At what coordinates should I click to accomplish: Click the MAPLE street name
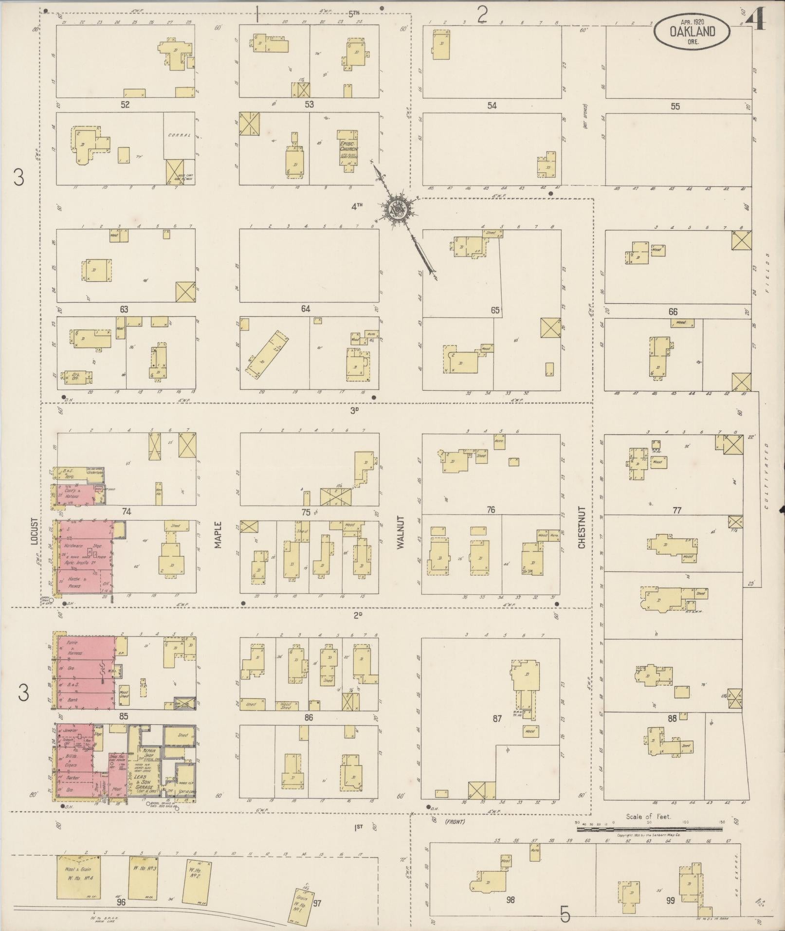(218, 535)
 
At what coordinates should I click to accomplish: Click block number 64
(305, 309)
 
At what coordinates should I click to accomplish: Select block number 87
(497, 718)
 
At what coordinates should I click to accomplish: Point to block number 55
(675, 106)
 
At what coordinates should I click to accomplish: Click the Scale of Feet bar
(649, 829)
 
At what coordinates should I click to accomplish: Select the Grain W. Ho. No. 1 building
(303, 903)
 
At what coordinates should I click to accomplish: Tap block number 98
(510, 900)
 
